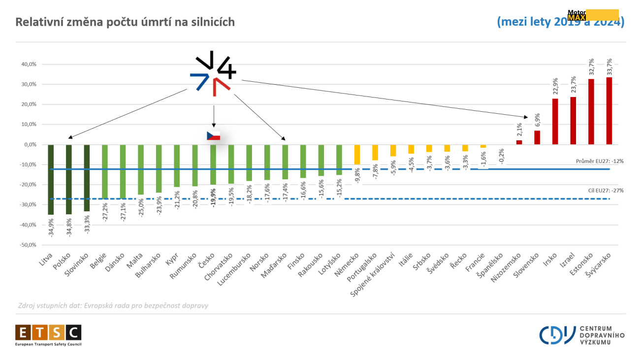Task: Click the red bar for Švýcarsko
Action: tap(609, 111)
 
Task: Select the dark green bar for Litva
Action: tap(51, 179)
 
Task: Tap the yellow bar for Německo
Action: tap(357, 154)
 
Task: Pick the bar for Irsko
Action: tap(555, 121)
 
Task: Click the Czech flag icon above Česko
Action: tap(213, 136)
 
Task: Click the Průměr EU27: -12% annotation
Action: tap(600, 162)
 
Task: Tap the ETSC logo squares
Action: tap(48, 333)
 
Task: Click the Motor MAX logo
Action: tap(593, 15)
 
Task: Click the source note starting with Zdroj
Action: tap(113, 305)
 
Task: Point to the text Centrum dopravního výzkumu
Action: tap(602, 335)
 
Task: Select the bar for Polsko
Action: tap(69, 179)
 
